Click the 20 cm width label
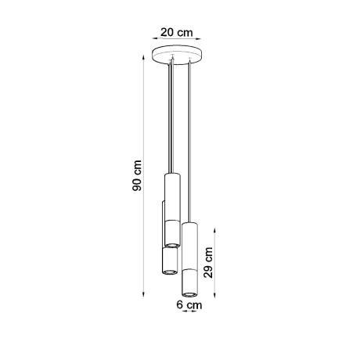click(176, 32)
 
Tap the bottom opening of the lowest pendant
click(191, 293)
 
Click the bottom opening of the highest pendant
click(172, 245)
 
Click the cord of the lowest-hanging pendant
click(190, 141)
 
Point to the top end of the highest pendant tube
click(172, 176)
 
